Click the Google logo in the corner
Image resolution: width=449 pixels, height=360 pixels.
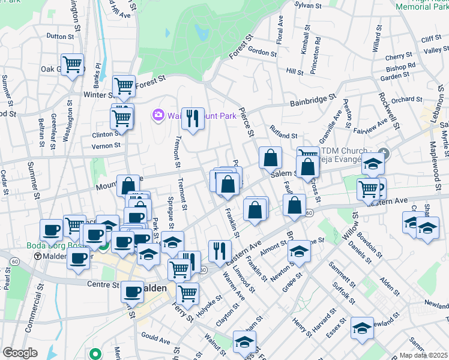(20, 353)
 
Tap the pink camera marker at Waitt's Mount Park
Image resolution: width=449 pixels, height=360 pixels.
(158, 114)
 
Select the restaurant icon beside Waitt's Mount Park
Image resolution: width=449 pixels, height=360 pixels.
(193, 118)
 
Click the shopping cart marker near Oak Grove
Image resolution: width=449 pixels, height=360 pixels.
(72, 63)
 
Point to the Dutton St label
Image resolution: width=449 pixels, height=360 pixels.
(59, 37)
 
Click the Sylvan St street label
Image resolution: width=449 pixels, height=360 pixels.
(309, 5)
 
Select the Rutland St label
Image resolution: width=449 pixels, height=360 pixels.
(284, 136)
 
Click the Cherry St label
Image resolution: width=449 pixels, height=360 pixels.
(397, 57)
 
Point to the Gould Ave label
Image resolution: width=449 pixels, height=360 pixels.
(155, 338)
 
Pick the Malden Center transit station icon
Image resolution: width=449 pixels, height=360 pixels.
(38, 256)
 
